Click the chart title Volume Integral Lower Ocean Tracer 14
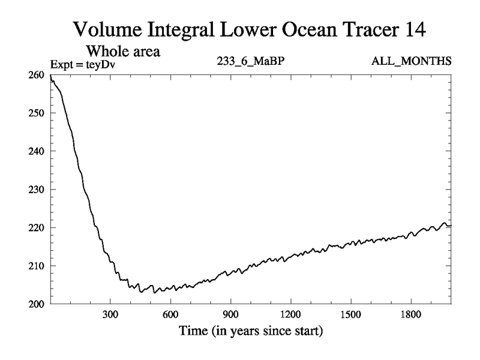(x=249, y=29)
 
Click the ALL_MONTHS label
(x=412, y=61)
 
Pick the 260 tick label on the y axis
(x=37, y=74)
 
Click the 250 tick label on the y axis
(x=37, y=113)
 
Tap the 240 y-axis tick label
(x=37, y=151)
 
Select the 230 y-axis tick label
(x=37, y=190)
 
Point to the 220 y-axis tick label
(x=37, y=227)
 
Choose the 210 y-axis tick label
(x=37, y=266)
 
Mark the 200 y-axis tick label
(x=37, y=304)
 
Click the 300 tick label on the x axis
(x=110, y=315)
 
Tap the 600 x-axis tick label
(x=170, y=315)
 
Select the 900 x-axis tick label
(x=230, y=315)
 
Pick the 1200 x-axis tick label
(x=290, y=315)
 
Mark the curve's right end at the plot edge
(x=451, y=225)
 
